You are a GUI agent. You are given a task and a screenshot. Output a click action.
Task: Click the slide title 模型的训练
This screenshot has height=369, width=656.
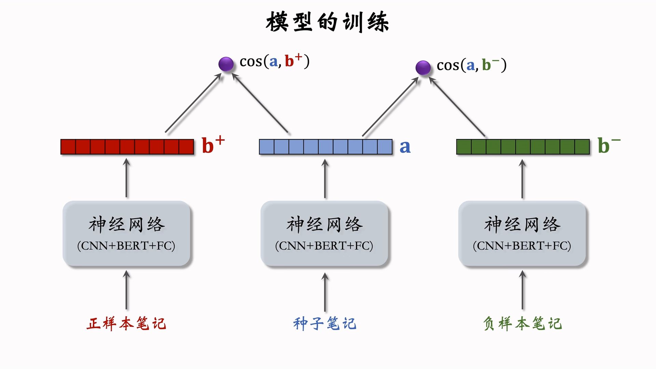(x=327, y=22)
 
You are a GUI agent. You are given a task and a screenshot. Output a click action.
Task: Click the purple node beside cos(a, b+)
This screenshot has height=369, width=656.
(x=226, y=64)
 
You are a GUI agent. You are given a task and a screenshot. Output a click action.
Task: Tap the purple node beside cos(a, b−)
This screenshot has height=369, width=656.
(x=423, y=67)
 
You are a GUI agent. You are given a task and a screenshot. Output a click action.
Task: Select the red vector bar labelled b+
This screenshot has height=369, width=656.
(x=127, y=147)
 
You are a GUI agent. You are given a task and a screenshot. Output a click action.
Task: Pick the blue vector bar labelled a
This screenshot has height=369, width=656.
(x=326, y=147)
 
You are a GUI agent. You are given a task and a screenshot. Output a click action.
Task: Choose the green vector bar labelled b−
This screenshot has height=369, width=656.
(x=523, y=147)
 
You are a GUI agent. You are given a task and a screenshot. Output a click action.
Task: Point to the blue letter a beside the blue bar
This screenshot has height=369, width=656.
(x=405, y=147)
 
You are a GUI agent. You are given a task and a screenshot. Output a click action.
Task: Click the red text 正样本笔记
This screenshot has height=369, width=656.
(x=126, y=324)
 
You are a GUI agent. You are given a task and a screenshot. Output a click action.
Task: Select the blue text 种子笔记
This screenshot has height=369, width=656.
(x=325, y=324)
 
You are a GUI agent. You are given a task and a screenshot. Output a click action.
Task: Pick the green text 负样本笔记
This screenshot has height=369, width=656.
(x=522, y=324)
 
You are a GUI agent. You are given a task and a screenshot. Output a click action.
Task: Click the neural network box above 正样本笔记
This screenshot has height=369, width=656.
(x=126, y=234)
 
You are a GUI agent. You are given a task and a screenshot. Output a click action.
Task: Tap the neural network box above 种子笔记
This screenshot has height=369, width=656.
(x=324, y=234)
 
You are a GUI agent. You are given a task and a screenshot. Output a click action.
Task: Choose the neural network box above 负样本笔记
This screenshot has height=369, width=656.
(x=522, y=234)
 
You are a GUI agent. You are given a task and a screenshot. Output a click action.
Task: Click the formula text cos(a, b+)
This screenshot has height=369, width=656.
(x=274, y=61)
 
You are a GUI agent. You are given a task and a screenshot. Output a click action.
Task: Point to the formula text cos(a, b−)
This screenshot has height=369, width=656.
(x=471, y=65)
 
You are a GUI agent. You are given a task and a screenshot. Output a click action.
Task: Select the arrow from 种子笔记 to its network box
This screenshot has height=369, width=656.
(x=325, y=292)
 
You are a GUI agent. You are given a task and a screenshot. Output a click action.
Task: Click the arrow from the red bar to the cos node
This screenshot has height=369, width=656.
(x=193, y=103)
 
